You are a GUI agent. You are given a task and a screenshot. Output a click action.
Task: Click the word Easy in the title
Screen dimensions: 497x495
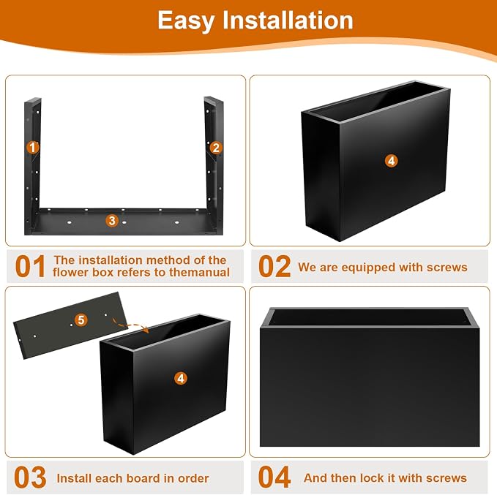186,21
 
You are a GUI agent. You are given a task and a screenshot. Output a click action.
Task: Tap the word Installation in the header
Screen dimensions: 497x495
288,20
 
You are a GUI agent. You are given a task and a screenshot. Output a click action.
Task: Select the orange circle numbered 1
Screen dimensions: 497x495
32,147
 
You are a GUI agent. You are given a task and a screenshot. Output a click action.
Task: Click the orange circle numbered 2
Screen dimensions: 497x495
216,148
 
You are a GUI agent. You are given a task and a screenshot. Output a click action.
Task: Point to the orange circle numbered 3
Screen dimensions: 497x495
112,220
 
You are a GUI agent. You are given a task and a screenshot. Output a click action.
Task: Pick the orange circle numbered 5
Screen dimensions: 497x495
81,320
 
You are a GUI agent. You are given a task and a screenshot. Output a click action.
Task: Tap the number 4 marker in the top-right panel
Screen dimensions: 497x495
391,161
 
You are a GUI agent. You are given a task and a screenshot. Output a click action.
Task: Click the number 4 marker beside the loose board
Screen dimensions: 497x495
181,378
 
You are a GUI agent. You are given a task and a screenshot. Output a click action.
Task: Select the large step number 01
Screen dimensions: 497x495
30,266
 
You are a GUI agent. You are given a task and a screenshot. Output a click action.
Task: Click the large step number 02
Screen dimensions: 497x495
274,266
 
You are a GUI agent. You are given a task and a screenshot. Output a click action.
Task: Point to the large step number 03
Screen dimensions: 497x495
31,477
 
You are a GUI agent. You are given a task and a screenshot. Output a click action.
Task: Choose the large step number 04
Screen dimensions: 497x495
274,477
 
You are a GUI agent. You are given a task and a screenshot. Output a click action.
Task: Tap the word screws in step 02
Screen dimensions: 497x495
447,268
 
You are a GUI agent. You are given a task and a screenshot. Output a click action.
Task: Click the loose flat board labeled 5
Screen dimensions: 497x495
70,325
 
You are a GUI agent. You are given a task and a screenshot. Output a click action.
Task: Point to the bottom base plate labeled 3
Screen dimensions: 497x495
124,222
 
